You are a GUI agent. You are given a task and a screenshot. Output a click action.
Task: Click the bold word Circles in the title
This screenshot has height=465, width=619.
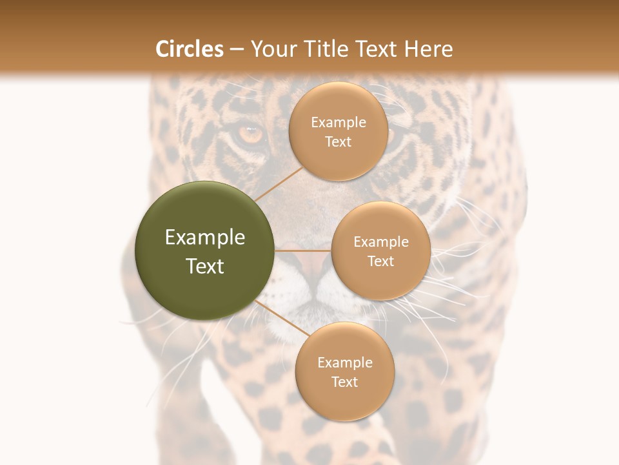click(190, 49)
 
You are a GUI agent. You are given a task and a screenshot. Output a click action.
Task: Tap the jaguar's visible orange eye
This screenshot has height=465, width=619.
click(250, 134)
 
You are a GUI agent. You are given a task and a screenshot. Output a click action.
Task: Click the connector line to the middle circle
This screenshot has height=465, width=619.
click(303, 250)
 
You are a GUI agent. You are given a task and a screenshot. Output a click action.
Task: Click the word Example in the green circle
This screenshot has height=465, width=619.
click(205, 238)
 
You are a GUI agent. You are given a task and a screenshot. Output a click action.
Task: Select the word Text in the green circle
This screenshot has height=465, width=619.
click(205, 266)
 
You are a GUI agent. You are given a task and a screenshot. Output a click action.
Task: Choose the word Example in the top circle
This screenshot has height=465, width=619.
click(339, 122)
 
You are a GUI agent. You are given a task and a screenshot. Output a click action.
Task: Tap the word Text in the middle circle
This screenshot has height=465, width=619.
click(380, 261)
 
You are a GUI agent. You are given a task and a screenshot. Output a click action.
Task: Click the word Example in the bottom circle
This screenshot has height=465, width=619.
click(344, 362)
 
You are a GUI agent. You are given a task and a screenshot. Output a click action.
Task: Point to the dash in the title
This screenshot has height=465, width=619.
click(236, 50)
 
